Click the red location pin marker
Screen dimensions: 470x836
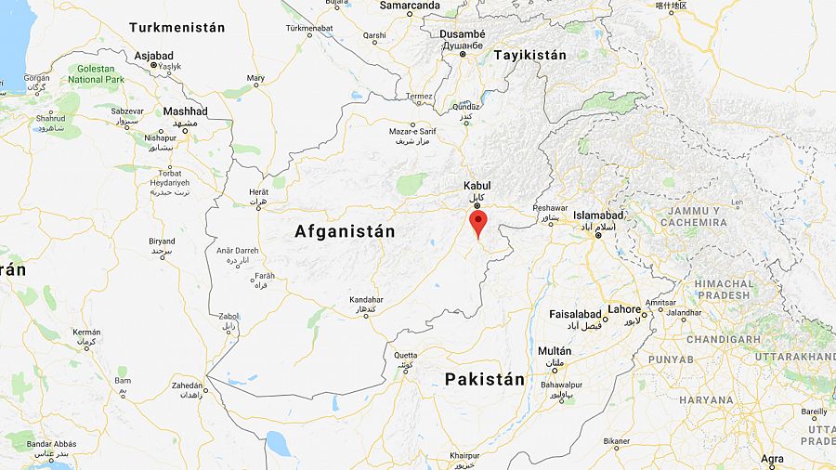click(478, 223)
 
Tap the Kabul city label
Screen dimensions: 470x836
click(477, 186)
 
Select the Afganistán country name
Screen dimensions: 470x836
click(345, 231)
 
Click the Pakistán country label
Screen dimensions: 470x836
click(484, 379)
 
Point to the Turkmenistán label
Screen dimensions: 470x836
click(176, 28)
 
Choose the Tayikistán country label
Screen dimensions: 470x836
click(529, 55)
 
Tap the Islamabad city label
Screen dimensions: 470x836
click(599, 215)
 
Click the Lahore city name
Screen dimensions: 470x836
click(624, 309)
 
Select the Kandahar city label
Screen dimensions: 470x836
click(365, 300)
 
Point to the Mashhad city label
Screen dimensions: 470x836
click(185, 111)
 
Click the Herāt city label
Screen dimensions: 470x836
click(258, 191)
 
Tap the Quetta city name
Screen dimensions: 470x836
click(406, 355)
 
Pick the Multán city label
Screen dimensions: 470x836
click(555, 351)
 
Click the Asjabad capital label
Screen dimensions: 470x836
click(153, 55)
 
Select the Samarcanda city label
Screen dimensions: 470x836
click(411, 6)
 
